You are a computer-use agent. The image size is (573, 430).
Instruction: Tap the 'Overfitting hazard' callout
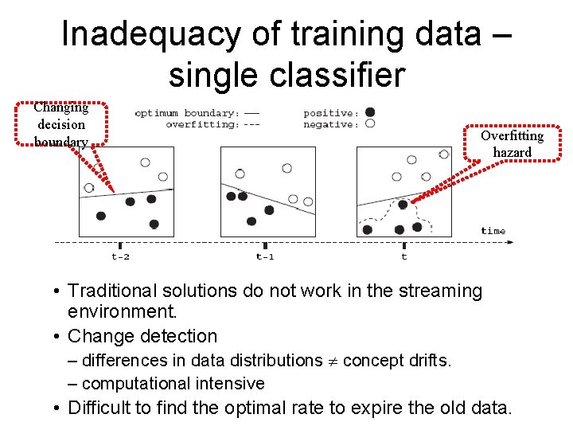pyautogui.click(x=512, y=143)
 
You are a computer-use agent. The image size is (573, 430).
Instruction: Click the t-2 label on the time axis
pyautogui.click(x=120, y=256)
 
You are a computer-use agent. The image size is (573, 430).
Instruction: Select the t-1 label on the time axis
pyautogui.click(x=265, y=256)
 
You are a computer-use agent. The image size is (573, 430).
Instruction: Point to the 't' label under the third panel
pyautogui.click(x=404, y=256)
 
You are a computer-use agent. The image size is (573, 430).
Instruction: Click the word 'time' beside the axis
pyautogui.click(x=493, y=231)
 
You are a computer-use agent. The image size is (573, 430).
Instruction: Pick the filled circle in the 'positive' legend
pyautogui.click(x=370, y=112)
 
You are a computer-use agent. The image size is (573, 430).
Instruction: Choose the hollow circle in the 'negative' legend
pyautogui.click(x=370, y=123)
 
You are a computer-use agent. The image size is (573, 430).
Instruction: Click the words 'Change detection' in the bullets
pyautogui.click(x=142, y=337)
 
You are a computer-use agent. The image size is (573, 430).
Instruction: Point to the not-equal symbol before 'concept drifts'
pyautogui.click(x=332, y=362)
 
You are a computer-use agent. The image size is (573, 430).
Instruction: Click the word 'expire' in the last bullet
pyautogui.click(x=372, y=408)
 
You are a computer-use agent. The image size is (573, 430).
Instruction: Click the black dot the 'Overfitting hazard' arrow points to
pyautogui.click(x=403, y=204)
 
